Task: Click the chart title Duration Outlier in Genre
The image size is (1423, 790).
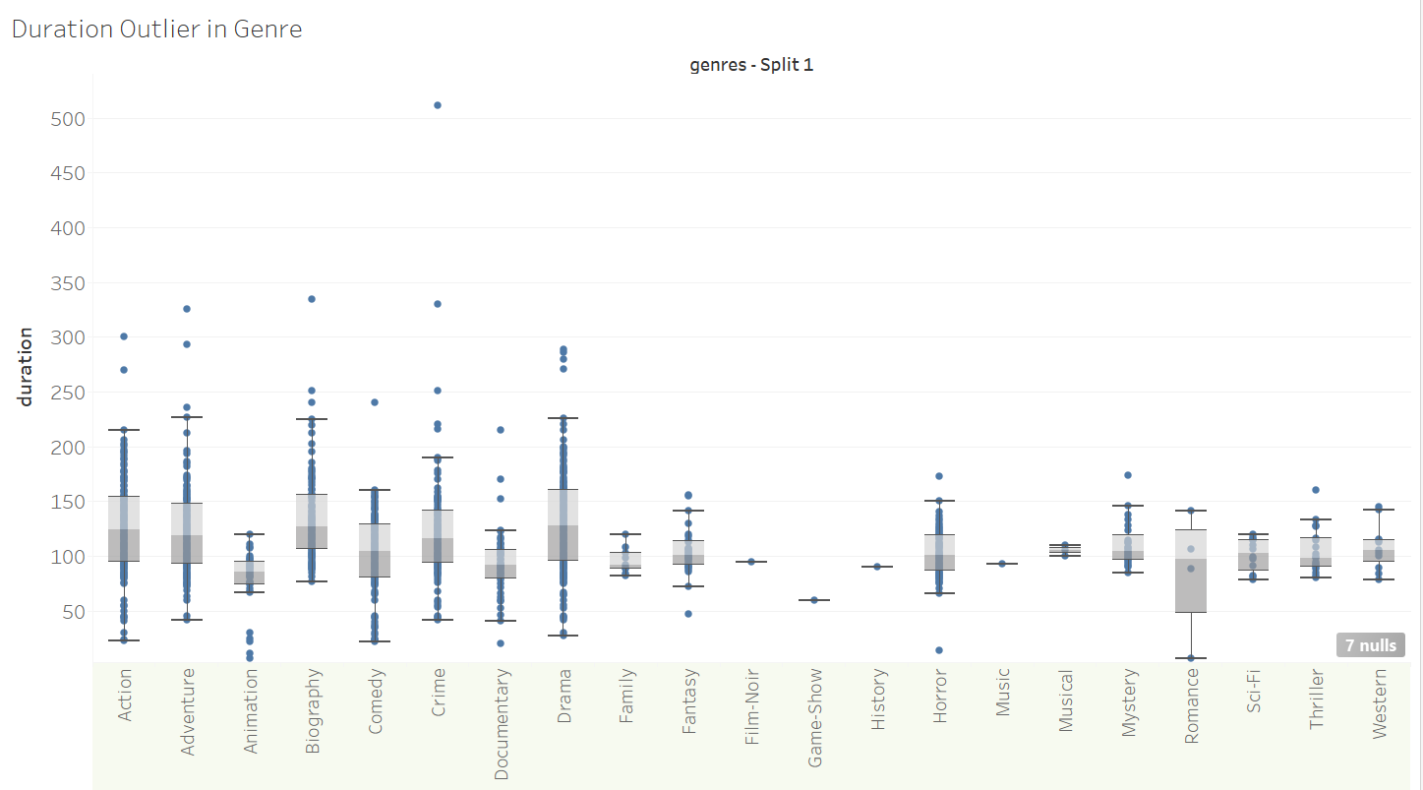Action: coord(156,30)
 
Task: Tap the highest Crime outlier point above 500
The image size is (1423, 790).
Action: coord(438,105)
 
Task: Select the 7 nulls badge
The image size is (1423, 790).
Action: coord(1370,645)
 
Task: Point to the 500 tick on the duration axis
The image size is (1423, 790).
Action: coord(68,119)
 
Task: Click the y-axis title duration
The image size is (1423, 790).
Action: coord(26,367)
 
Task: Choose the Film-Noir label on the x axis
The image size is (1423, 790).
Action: coord(752,706)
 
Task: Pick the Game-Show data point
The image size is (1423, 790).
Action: coord(814,600)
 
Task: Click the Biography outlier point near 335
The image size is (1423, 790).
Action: coord(313,299)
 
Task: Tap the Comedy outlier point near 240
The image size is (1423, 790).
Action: coord(375,402)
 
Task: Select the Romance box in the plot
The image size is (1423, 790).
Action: coord(1190,571)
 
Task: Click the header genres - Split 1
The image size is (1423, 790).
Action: coord(751,66)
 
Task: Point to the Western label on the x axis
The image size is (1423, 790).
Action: coord(1379,704)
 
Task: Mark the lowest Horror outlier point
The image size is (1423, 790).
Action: coord(939,650)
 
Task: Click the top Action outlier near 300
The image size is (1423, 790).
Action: coord(124,336)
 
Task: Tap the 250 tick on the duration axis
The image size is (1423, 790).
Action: coord(68,393)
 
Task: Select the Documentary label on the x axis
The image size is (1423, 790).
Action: coord(502,724)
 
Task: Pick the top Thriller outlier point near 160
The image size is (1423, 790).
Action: coord(1316,490)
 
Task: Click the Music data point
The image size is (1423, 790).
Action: coord(1002,564)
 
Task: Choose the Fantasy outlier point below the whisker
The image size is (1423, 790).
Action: coord(689,614)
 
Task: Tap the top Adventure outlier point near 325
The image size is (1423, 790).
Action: coord(187,309)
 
